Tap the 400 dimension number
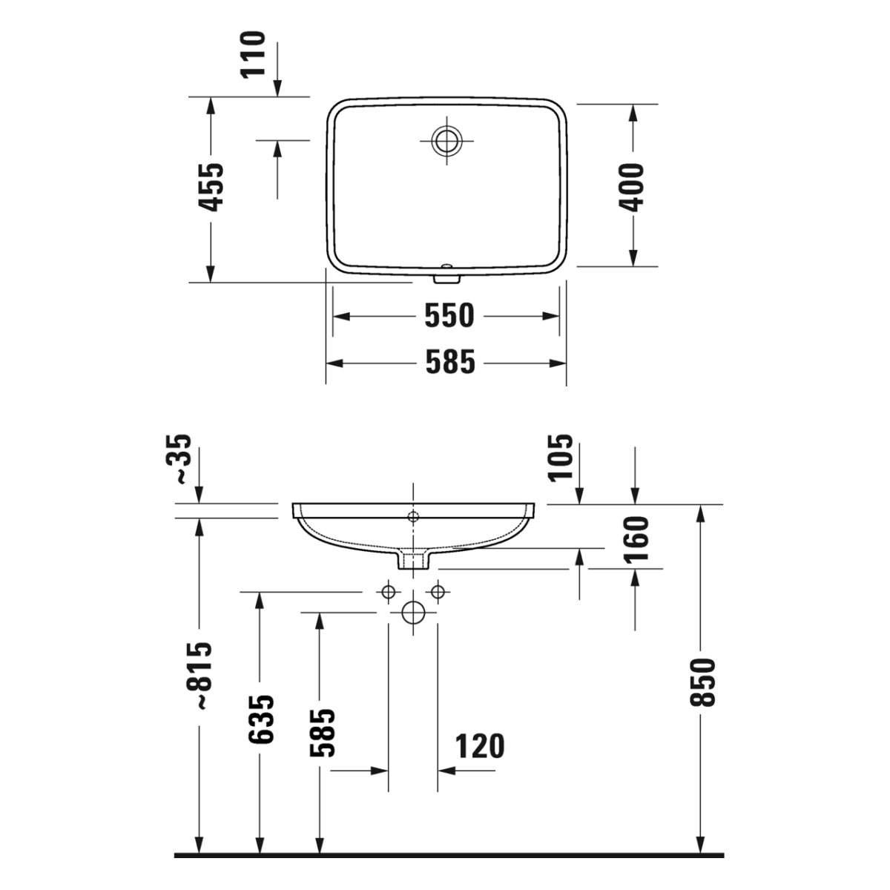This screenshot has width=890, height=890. pyautogui.click(x=633, y=187)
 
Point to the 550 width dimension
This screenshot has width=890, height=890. pyautogui.click(x=449, y=316)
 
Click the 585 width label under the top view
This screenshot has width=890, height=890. pyautogui.click(x=449, y=363)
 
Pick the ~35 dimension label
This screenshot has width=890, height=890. pyautogui.click(x=181, y=460)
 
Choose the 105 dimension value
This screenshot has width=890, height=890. pyautogui.click(x=561, y=458)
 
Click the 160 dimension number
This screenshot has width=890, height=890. pyautogui.click(x=636, y=538)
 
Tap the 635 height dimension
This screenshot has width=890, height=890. pyautogui.click(x=261, y=719)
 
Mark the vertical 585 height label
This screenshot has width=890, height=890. pyautogui.click(x=322, y=733)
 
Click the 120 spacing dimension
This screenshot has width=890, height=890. pyautogui.click(x=479, y=747)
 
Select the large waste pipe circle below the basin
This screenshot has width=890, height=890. pyautogui.click(x=413, y=613)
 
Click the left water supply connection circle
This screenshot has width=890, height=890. pyautogui.click(x=387, y=592)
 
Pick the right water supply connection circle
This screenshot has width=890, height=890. pyautogui.click(x=438, y=592)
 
